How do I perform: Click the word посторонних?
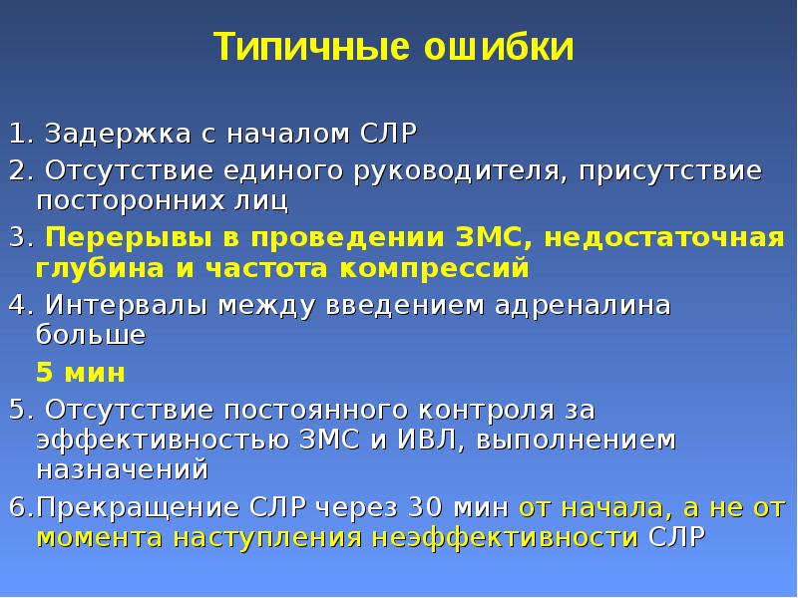131,200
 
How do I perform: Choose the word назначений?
123,468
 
